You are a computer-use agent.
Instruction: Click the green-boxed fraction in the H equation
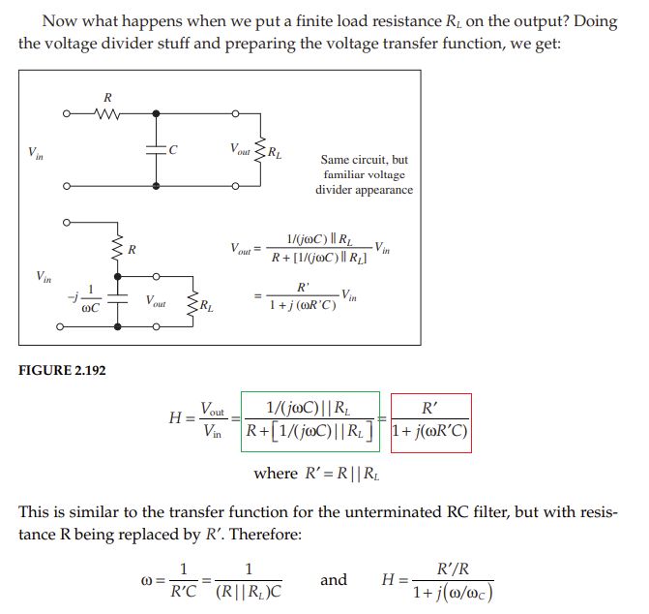(x=311, y=422)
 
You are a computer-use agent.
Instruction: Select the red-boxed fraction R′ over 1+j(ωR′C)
(x=431, y=422)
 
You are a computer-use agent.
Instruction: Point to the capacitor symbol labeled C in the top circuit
(x=156, y=150)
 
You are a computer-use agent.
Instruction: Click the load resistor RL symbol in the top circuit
(x=258, y=150)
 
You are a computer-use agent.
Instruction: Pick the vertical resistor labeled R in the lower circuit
(x=117, y=251)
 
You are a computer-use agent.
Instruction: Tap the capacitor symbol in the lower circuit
(x=117, y=301)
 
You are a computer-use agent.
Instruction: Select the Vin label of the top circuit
(x=36, y=152)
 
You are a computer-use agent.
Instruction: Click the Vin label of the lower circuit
(x=44, y=276)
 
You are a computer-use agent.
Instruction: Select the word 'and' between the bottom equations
(x=334, y=580)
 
